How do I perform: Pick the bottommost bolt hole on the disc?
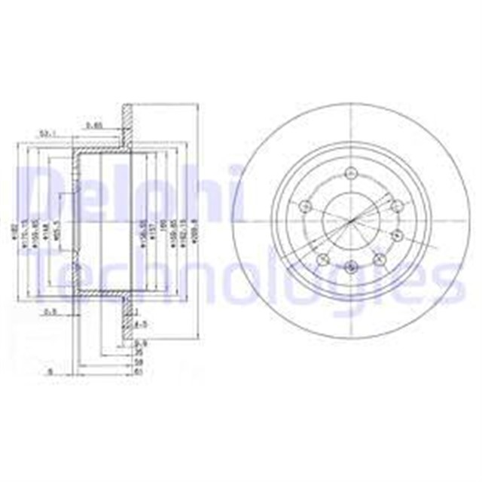coord(352,266)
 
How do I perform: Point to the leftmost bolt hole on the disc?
coord(305,206)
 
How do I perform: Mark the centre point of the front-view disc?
coord(352,220)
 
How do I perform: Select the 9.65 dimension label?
coord(94,124)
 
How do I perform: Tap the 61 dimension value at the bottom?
coord(138,371)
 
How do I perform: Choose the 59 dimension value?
coord(138,361)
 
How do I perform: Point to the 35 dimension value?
coord(138,352)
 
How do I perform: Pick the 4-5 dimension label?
coord(139,325)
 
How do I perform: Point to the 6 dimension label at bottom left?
coord(50,371)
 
